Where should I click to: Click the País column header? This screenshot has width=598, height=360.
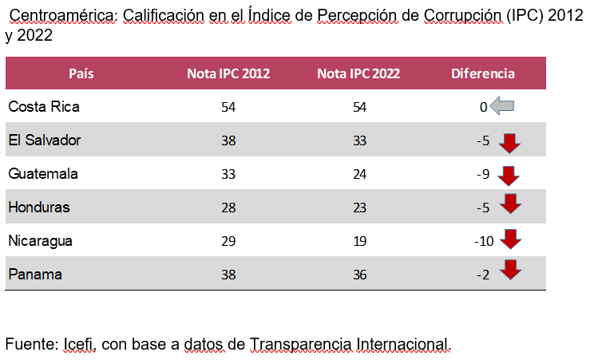coord(81,73)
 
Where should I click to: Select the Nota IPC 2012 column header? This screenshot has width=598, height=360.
coord(228,73)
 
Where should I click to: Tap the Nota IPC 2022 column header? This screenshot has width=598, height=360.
coord(358,73)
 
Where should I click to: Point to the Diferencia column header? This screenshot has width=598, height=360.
coord(483,73)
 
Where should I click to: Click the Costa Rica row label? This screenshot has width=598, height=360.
coord(44,106)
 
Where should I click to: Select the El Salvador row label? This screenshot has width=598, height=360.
coord(45,140)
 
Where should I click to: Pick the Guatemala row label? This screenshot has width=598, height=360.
coord(43,173)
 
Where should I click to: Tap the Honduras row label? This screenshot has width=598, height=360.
coord(39,207)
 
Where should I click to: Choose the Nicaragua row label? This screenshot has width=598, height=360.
coord(41,240)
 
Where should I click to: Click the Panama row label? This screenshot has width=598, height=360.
coord(35,274)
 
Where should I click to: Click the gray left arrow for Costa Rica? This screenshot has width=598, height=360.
coord(502,106)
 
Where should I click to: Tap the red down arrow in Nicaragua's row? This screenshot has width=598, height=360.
coord(509,238)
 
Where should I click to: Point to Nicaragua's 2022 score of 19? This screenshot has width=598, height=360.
coord(359,241)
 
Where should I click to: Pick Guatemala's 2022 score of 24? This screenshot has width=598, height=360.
coord(359,174)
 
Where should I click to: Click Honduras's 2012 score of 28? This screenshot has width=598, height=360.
coord(228,208)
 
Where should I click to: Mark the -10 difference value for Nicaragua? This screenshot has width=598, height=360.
coord(484,241)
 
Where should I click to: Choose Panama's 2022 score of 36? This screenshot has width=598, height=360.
coord(359,275)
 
